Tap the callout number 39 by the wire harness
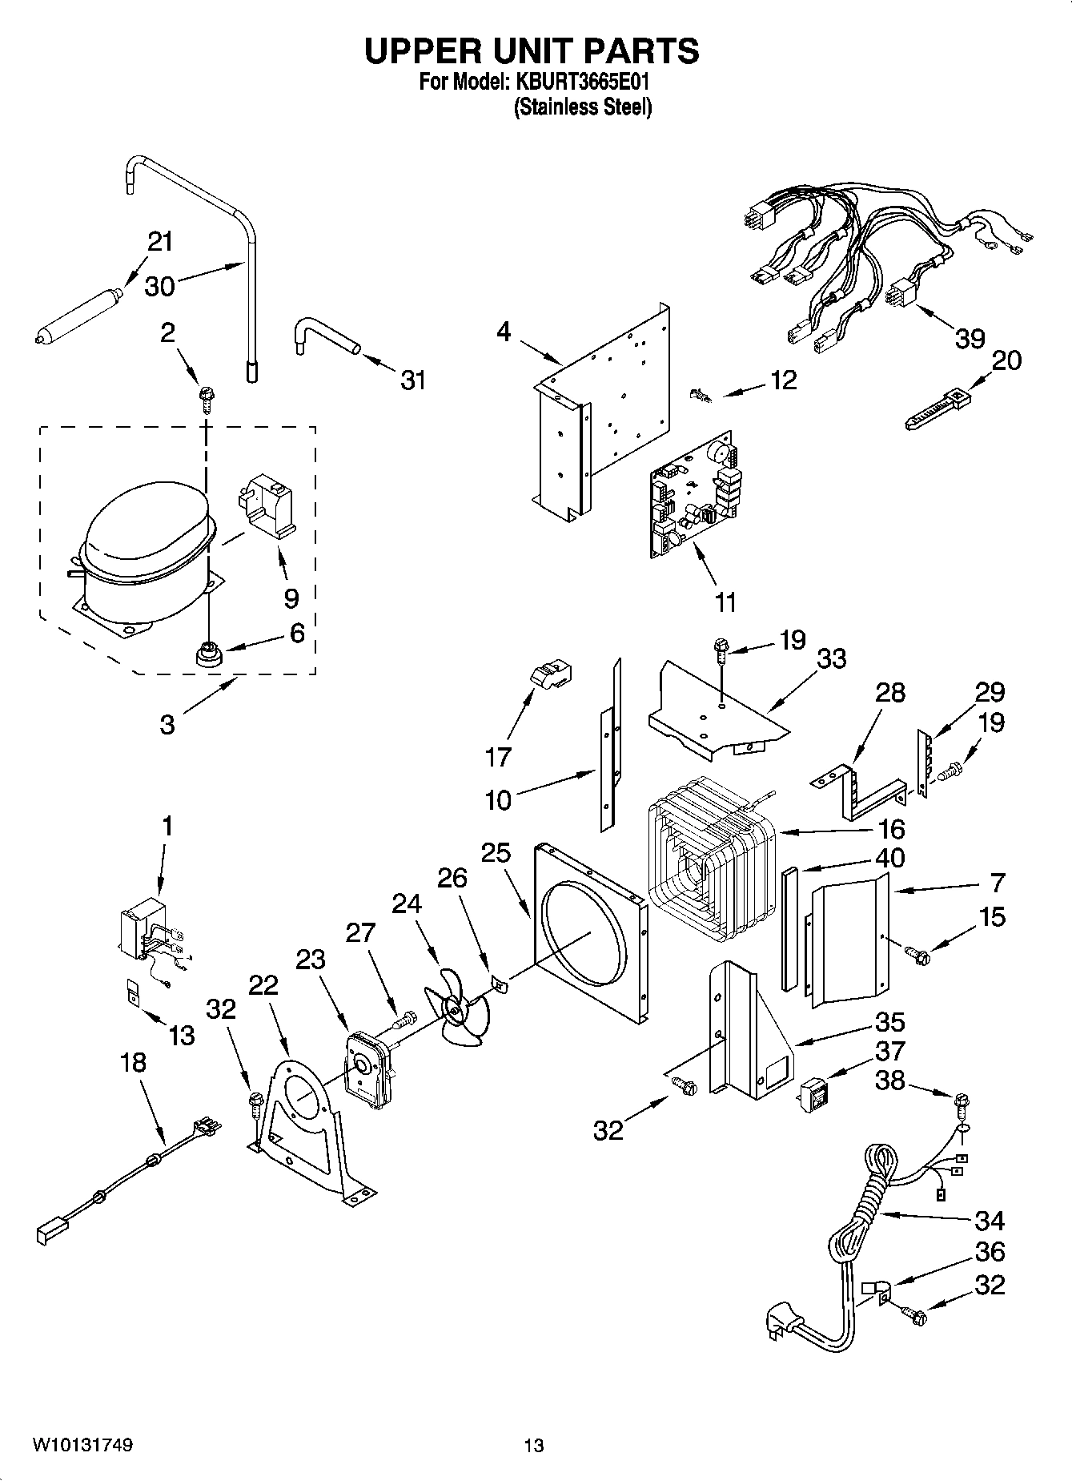[x=970, y=338]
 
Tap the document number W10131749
[x=83, y=1445]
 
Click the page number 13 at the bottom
[x=533, y=1445]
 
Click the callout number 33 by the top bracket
[x=832, y=658]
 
